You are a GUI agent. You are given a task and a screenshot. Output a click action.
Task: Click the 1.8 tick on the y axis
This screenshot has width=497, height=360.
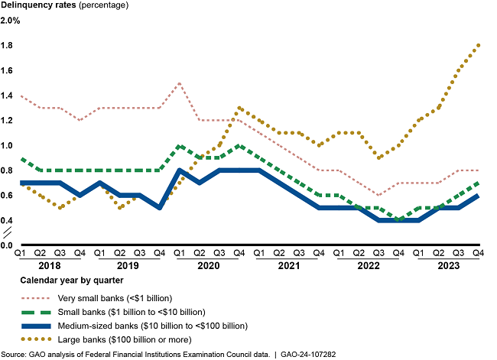[x=8, y=46]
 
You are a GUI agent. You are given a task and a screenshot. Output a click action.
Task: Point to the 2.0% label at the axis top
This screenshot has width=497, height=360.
[x=11, y=21]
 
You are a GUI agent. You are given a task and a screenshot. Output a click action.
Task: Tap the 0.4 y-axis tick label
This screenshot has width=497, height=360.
[x=8, y=221]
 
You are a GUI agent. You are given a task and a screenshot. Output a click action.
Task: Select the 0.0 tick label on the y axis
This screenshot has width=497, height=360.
[x=8, y=246]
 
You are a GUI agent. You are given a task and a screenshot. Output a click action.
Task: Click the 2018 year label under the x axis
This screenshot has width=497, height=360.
[x=48, y=265]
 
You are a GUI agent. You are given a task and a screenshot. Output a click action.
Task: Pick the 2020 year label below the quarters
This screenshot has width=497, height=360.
[x=208, y=265]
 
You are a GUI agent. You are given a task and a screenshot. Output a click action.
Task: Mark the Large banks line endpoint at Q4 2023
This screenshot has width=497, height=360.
[x=478, y=45]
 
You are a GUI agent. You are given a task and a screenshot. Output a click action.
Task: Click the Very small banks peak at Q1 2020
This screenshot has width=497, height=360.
[x=179, y=83]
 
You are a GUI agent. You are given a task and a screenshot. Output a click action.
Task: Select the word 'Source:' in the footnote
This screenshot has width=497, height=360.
[x=15, y=353]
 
